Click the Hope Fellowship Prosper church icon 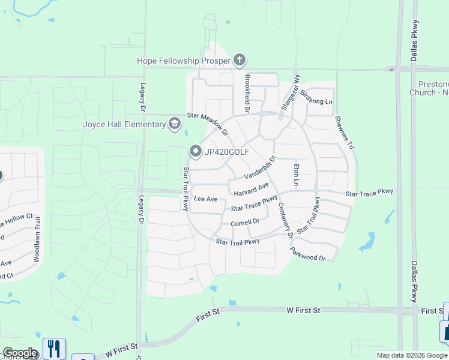240,60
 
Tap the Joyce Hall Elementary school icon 175,124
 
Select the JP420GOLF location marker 196,152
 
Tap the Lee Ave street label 205,199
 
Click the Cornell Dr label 245,222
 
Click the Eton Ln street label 296,173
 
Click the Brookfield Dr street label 247,93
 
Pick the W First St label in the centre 304,310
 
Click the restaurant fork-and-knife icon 54,348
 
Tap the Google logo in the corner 19,353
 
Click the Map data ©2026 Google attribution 412,355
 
